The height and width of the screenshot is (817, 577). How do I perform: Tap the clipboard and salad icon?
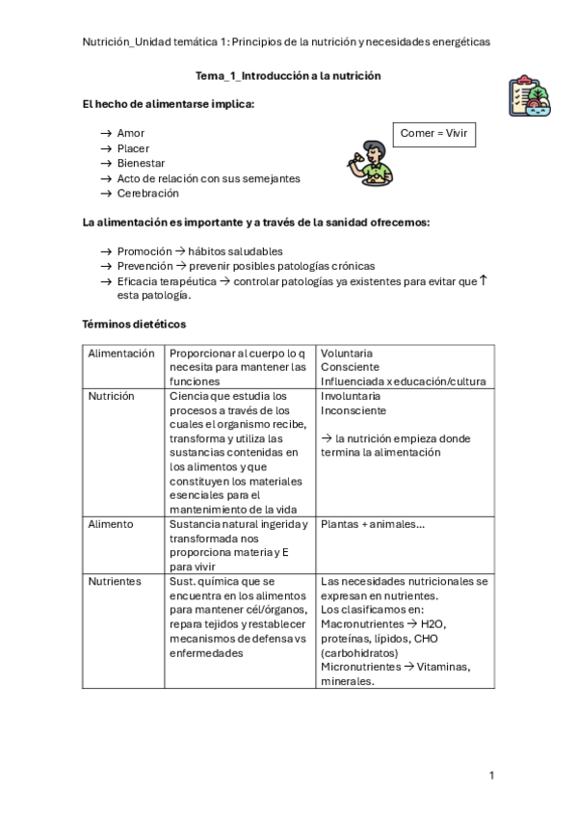pyautogui.click(x=529, y=95)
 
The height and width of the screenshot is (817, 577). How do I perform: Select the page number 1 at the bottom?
pyautogui.click(x=491, y=775)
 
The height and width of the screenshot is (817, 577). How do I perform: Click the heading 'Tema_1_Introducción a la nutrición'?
pyautogui.click(x=288, y=75)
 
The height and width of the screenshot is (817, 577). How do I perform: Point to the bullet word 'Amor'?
pyautogui.click(x=131, y=133)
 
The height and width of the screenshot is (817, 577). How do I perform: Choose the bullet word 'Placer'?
pyautogui.click(x=133, y=148)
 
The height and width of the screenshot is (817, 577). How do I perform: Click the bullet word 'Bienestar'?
pyautogui.click(x=141, y=163)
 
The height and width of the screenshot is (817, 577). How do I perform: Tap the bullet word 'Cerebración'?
pyautogui.click(x=147, y=193)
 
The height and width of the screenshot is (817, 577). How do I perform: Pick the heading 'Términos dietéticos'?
pyautogui.click(x=134, y=325)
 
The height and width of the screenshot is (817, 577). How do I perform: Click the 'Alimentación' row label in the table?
pyautogui.click(x=121, y=354)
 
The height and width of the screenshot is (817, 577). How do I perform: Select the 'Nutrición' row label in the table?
pyautogui.click(x=111, y=396)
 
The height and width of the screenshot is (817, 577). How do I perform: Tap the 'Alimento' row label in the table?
pyautogui.click(x=111, y=524)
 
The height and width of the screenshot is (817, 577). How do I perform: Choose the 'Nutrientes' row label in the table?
pyautogui.click(x=115, y=581)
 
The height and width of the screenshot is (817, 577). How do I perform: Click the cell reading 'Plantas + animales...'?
pyautogui.click(x=373, y=524)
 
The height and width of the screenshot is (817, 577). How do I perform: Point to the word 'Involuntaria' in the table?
pyautogui.click(x=351, y=396)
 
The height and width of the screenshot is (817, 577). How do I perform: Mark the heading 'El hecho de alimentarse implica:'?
pyautogui.click(x=169, y=103)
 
